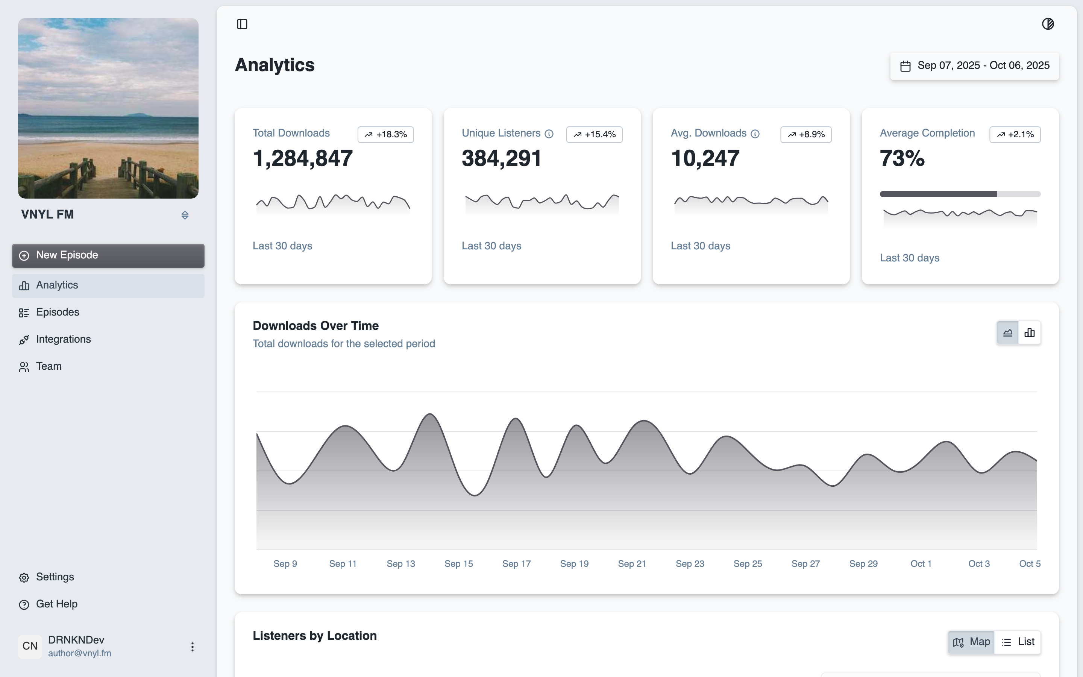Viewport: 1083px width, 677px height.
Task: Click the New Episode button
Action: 108,255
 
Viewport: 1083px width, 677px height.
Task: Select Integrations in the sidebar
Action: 63,339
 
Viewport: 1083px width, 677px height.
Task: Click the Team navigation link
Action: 49,366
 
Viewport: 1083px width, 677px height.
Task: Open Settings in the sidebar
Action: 55,577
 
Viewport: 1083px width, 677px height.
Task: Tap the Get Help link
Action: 56,604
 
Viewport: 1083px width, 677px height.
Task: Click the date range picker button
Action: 974,66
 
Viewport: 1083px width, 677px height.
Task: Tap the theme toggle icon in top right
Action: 1048,24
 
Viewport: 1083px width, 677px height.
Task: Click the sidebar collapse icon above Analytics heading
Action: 242,24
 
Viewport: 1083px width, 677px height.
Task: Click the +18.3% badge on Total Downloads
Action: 385,134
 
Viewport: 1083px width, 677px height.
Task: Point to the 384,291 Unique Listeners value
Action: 501,158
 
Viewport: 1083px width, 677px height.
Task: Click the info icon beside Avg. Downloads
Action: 755,134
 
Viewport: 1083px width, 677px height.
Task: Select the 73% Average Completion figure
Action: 902,158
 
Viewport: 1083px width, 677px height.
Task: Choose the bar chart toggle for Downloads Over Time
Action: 1029,333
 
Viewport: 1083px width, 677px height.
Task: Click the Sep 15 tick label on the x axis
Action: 458,564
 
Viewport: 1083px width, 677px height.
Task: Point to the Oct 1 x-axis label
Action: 921,564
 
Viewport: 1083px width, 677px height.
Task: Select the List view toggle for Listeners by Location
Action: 1018,642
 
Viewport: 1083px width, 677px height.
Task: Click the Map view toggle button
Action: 971,642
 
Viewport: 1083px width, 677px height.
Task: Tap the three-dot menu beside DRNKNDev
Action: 193,647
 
